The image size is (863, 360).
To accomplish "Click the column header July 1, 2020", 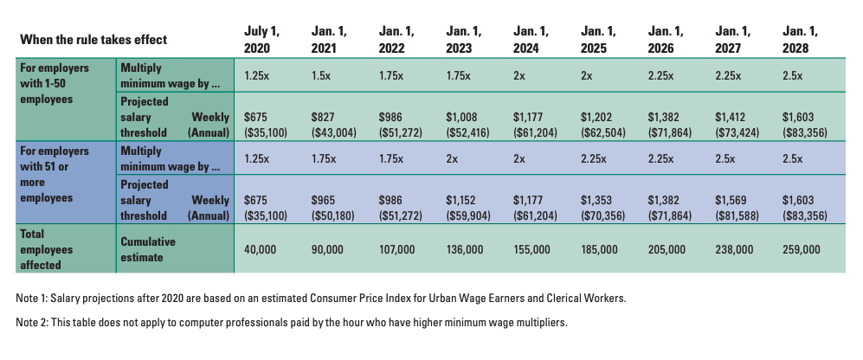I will (x=261, y=40).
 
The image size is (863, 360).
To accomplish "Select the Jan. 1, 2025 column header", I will (x=597, y=40).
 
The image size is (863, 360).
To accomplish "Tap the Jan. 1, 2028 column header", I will (x=800, y=40).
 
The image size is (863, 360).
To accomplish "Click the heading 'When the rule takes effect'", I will (x=93, y=40).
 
